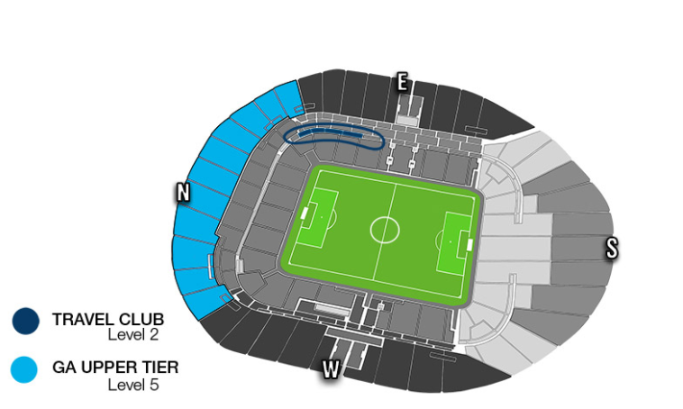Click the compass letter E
coord(402,83)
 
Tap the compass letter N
coord(183,192)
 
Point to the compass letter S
coord(612,249)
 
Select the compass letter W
coord(331,369)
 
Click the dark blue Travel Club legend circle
coord(25,321)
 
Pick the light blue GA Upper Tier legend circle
coord(25,368)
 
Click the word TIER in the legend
coord(160,367)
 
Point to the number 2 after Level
coord(158,335)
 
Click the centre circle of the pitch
coord(385,228)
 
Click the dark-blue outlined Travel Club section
coord(332,136)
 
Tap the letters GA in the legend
coord(64,367)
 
